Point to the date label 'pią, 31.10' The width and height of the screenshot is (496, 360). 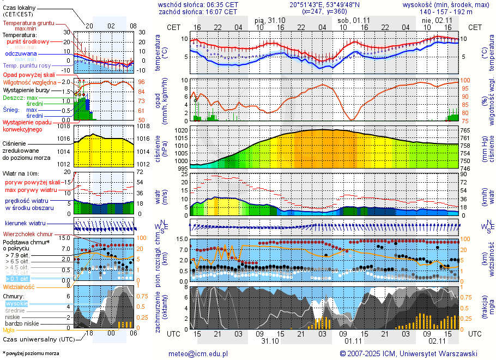(x=270, y=20)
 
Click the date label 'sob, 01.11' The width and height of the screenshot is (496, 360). (x=353, y=20)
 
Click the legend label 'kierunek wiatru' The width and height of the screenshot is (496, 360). (x=25, y=223)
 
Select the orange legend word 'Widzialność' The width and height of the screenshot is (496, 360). (x=19, y=286)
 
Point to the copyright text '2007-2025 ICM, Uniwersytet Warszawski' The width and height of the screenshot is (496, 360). (x=412, y=353)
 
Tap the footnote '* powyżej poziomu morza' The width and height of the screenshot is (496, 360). (x=31, y=353)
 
